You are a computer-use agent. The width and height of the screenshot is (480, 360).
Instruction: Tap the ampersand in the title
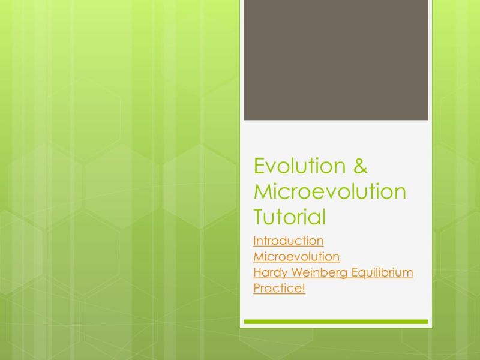[x=359, y=166]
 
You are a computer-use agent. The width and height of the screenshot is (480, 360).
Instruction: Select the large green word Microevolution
[x=330, y=191]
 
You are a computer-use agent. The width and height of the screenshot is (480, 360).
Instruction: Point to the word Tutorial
[x=289, y=216]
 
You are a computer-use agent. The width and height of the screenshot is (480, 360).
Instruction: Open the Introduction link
[x=289, y=241]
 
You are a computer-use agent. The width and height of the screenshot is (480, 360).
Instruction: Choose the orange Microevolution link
[x=296, y=257]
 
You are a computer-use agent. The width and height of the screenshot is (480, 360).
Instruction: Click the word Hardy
[x=268, y=273]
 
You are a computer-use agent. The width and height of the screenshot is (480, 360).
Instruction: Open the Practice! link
[x=280, y=289]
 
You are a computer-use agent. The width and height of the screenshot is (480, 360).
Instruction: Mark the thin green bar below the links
[x=336, y=322]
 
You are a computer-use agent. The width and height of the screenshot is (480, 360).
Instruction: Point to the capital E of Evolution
[x=259, y=166]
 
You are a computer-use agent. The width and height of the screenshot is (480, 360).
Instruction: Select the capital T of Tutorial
[x=260, y=216]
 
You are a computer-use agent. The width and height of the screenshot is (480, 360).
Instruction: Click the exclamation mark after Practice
[x=304, y=289]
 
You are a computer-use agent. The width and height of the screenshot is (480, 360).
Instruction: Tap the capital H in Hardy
[x=257, y=273]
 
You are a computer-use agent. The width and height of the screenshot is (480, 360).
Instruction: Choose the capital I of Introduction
[x=255, y=241]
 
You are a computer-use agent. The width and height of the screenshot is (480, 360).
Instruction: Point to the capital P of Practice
[x=257, y=289]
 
